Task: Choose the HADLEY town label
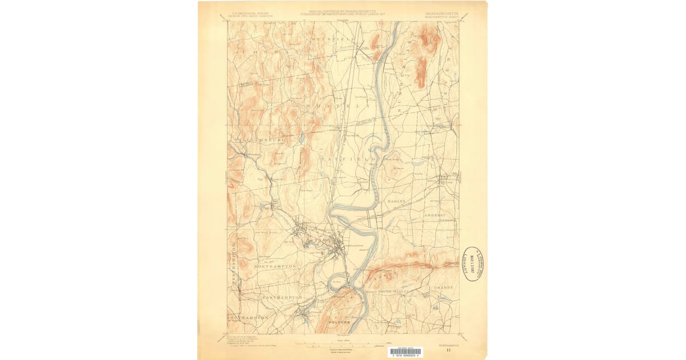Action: tap(398, 202)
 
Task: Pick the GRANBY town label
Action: tap(444, 287)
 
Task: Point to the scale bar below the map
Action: tap(340, 345)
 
